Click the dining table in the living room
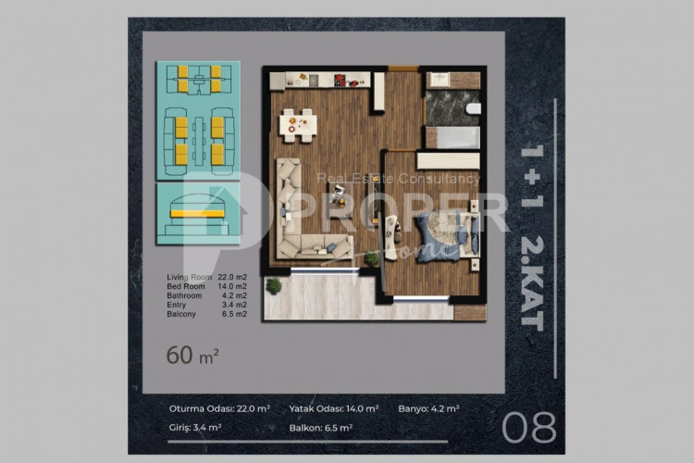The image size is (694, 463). [x=298, y=123]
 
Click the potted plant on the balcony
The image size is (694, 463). [x=273, y=287]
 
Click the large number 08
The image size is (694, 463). [x=529, y=427]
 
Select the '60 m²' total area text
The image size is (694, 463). [x=192, y=354]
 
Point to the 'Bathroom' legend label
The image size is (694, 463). [x=185, y=295]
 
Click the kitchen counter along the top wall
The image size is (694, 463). [x=324, y=81]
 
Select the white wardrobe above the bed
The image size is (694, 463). [x=448, y=161]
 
